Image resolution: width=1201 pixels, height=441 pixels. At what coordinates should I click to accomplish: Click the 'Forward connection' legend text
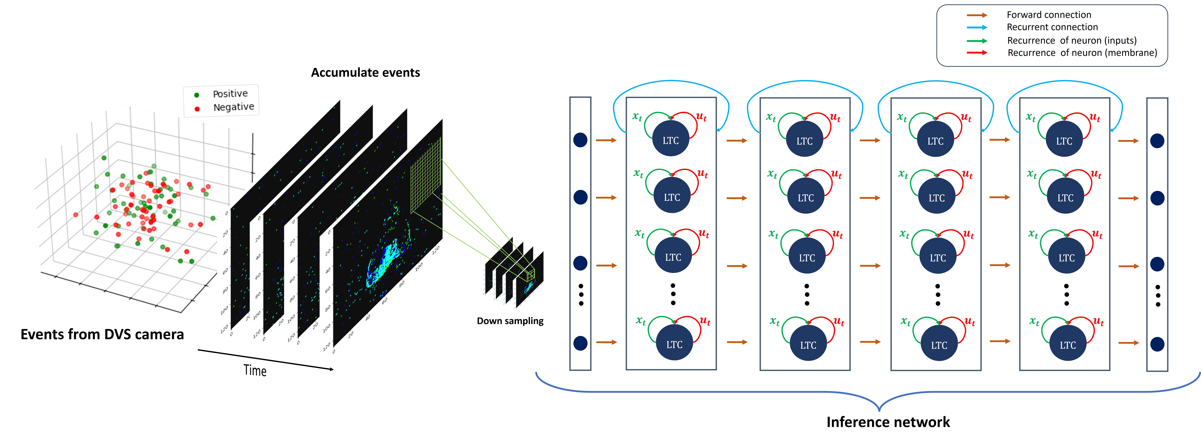tap(1049, 15)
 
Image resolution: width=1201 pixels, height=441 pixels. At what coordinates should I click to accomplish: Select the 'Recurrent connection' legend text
tap(1052, 27)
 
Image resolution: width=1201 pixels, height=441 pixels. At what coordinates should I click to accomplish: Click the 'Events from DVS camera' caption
tap(102, 334)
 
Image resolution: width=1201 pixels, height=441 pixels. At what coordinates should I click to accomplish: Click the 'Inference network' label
tap(888, 422)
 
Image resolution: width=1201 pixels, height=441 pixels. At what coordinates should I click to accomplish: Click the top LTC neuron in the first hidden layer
tap(670, 140)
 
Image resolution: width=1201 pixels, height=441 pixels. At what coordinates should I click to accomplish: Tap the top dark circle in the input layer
tap(580, 140)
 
